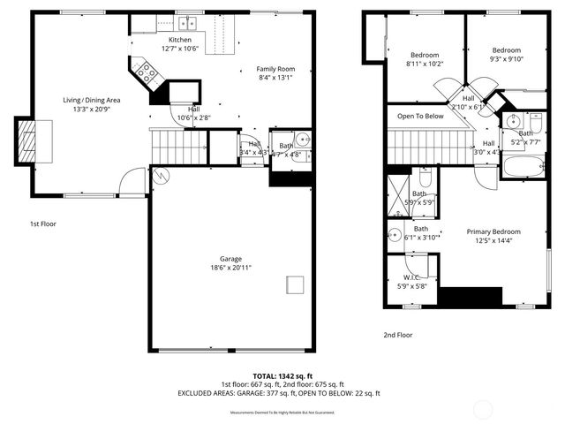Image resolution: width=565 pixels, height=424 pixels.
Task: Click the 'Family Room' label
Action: tap(275, 69)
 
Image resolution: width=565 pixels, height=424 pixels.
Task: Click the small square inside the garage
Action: tap(295, 284)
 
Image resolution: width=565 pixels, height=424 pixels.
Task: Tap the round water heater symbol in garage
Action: tap(160, 175)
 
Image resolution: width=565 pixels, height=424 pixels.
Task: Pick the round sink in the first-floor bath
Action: tap(302, 138)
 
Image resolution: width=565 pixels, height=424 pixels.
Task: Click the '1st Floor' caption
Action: tap(42, 224)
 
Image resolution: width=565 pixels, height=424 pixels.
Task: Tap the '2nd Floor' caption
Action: tap(397, 335)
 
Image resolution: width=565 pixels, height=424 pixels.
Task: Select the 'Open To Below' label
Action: tap(420, 116)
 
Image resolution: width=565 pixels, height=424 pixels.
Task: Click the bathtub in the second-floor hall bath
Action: tap(524, 167)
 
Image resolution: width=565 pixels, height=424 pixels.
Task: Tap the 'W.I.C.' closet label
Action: tap(410, 277)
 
